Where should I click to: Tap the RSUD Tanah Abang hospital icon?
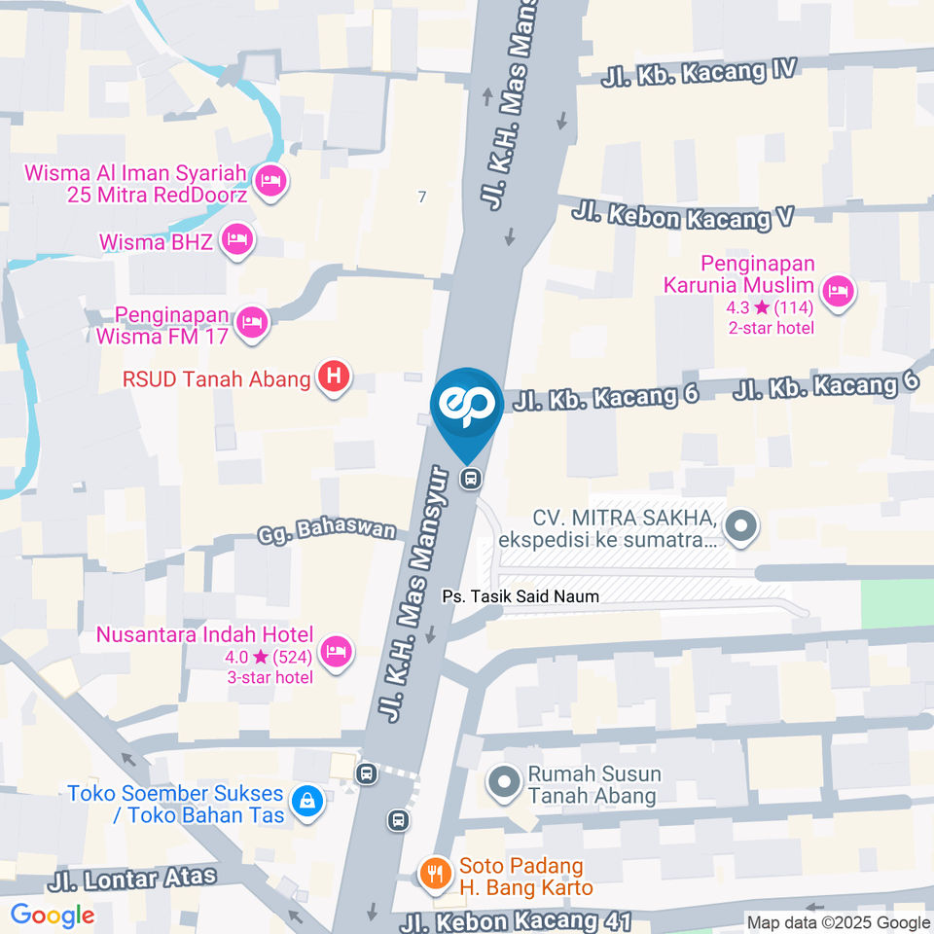tap(334, 378)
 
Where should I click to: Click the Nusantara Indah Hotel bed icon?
tap(337, 652)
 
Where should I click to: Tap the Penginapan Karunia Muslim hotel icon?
tap(838, 290)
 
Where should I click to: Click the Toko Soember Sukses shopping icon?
tap(307, 803)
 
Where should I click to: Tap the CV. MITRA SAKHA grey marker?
tap(741, 526)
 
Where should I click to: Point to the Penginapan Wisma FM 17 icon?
tap(252, 324)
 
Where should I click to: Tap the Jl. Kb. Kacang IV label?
tap(699, 72)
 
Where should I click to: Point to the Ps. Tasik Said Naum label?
tap(521, 596)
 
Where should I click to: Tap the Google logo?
tap(53, 916)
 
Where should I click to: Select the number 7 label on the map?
tap(421, 198)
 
